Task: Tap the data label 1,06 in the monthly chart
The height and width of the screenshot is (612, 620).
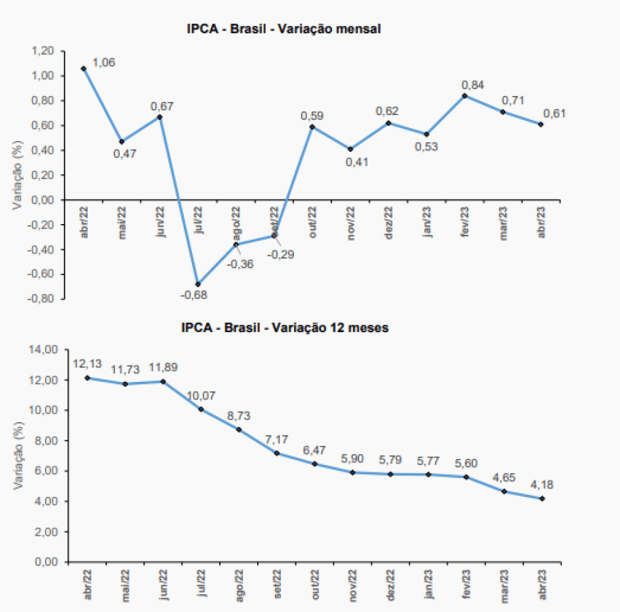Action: (x=103, y=63)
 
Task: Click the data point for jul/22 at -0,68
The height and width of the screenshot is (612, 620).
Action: (x=198, y=284)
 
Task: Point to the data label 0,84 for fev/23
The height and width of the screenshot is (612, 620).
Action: (x=473, y=85)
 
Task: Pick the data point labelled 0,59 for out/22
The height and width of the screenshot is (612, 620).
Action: (x=312, y=127)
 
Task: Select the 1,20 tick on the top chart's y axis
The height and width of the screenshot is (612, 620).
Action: (x=43, y=51)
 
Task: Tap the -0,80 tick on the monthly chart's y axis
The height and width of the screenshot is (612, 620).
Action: (x=42, y=299)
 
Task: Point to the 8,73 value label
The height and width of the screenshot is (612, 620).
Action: (x=240, y=415)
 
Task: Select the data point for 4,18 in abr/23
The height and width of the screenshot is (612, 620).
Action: (x=541, y=498)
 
